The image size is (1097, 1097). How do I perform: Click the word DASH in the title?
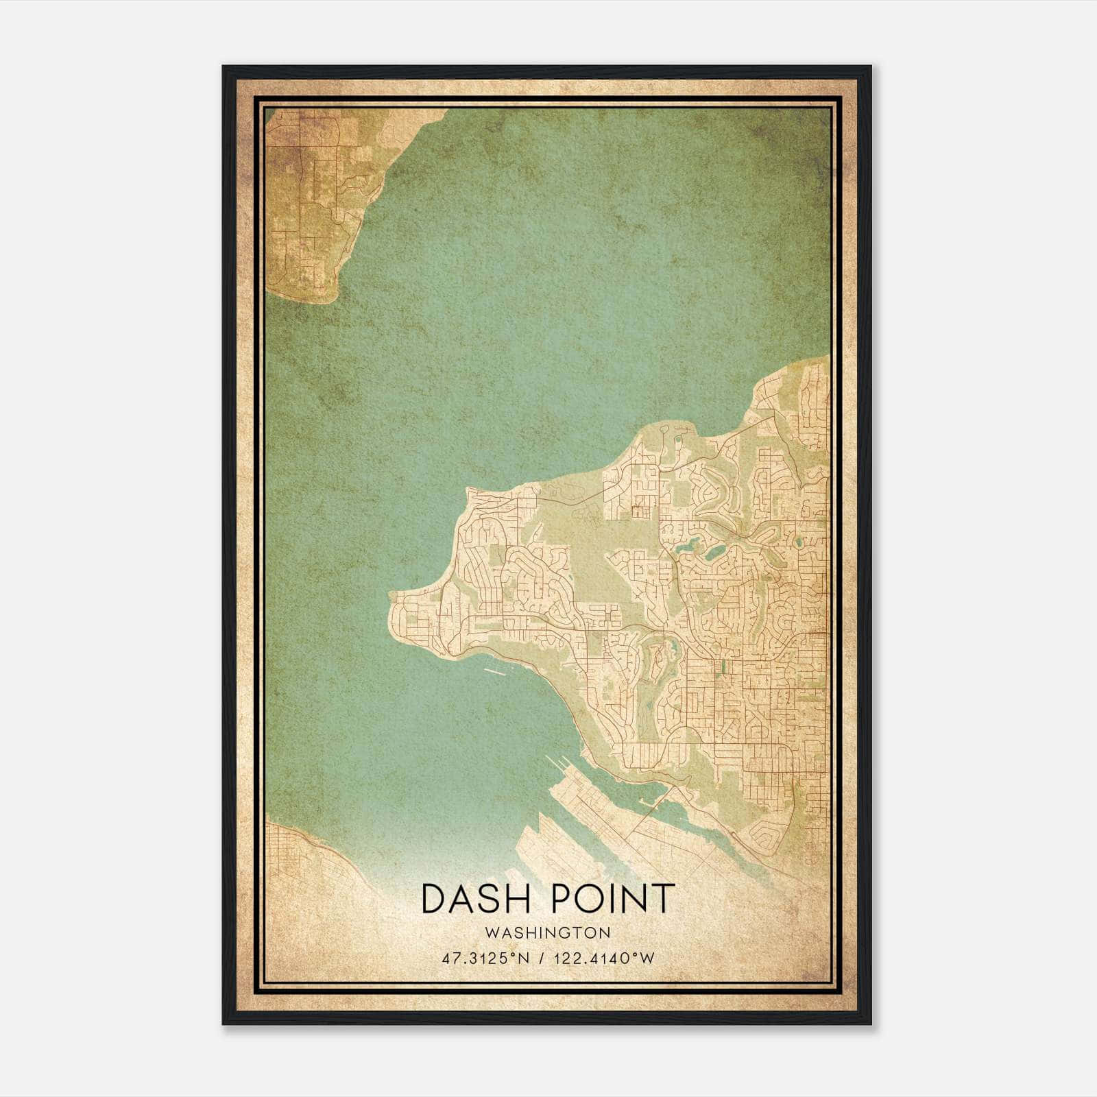pos(472,900)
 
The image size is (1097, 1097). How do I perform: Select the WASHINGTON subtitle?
pos(548,933)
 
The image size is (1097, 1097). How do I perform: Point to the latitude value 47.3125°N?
pos(485,958)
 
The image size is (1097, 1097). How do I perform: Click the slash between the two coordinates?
pos(542,958)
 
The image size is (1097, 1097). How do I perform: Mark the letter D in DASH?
pos(434,900)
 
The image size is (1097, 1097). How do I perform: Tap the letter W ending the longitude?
pos(648,958)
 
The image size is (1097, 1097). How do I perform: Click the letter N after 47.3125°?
pos(525,958)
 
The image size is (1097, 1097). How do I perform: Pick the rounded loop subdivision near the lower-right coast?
pos(766,833)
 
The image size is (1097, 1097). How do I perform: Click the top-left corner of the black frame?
pos(224,67)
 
